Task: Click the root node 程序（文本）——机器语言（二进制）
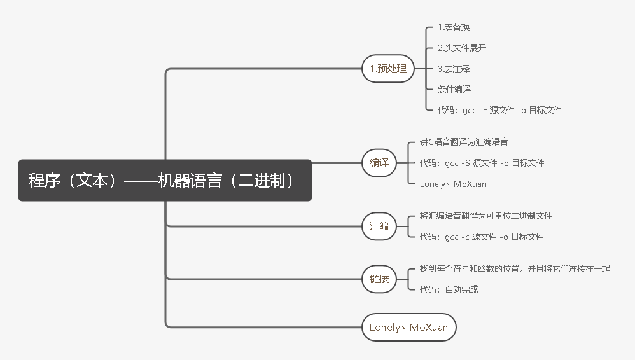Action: (x=165, y=180)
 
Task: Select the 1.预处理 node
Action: (x=388, y=68)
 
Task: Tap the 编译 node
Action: (x=379, y=163)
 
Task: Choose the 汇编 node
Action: (x=379, y=226)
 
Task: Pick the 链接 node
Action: (x=379, y=279)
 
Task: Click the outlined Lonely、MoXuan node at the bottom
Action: (x=408, y=328)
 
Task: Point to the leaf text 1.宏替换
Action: (x=454, y=27)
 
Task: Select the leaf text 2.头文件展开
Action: (x=462, y=48)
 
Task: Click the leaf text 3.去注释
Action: (x=454, y=68)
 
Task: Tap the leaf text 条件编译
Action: (x=454, y=89)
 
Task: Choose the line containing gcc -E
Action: (x=499, y=110)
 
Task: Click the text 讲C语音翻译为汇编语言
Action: (x=464, y=142)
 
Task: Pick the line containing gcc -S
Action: (x=482, y=163)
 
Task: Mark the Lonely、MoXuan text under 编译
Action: (x=453, y=184)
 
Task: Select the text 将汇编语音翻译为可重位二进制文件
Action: (x=485, y=216)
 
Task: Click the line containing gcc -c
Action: (x=482, y=237)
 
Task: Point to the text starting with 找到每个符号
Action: (x=515, y=268)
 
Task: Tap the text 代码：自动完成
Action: (x=449, y=289)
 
